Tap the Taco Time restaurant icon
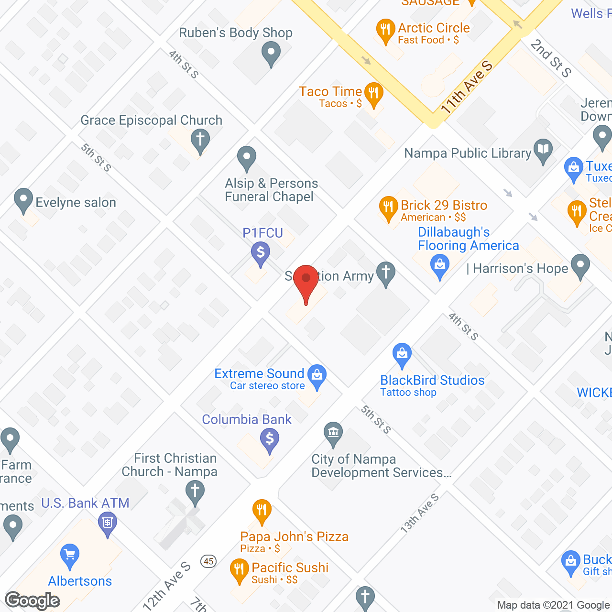[373, 93]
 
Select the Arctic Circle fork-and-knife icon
[385, 30]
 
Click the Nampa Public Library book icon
[543, 149]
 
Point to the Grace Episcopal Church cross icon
[200, 140]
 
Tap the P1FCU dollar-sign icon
[261, 252]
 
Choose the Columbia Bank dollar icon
[270, 439]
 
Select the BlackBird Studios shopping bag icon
[402, 354]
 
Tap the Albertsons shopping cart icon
[70, 555]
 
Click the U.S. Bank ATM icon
[108, 523]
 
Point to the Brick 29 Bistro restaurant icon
[388, 207]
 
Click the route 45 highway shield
[208, 561]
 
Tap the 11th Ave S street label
[466, 87]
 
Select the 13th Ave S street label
[419, 514]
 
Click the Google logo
[33, 601]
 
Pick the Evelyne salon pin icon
[23, 199]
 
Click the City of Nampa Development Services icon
[333, 433]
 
